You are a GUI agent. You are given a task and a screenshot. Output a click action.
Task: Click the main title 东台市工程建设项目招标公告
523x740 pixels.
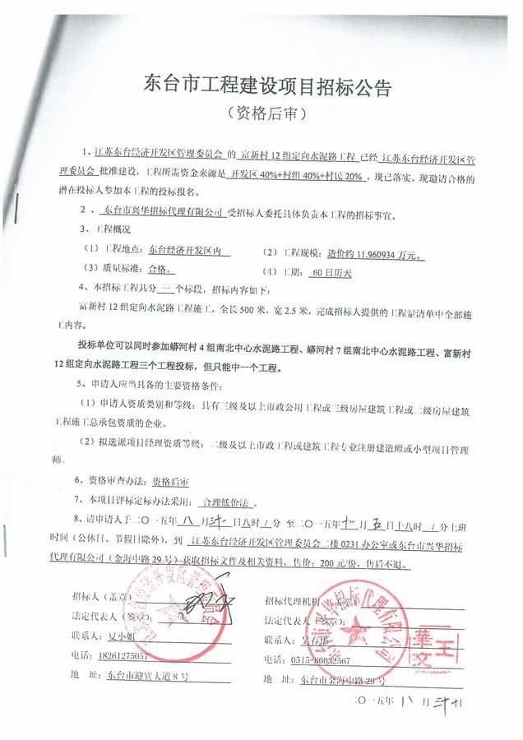261,85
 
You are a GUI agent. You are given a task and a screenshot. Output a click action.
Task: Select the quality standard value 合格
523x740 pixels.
161,268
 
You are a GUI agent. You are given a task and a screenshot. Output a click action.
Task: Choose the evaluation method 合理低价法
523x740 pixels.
224,499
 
